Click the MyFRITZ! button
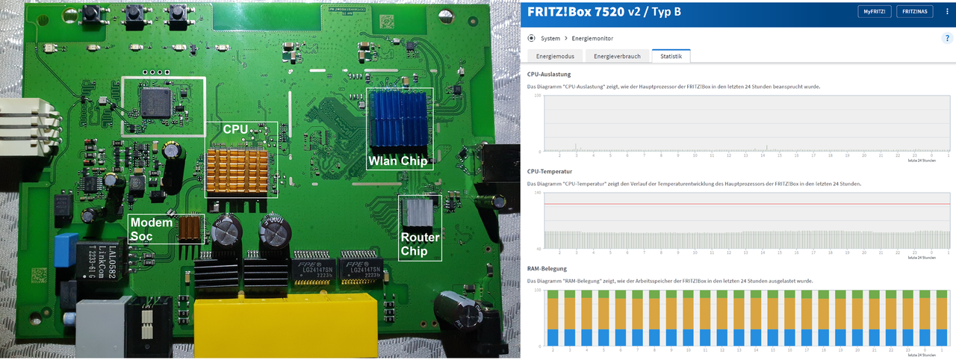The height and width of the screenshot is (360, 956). click(x=875, y=12)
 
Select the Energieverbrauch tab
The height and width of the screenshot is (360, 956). click(x=617, y=56)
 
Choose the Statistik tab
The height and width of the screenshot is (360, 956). click(x=671, y=56)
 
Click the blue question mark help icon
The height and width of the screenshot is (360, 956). click(x=946, y=38)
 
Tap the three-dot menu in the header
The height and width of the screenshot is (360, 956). click(x=946, y=12)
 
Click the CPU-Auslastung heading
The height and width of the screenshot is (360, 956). click(x=549, y=74)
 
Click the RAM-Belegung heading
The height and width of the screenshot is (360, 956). click(x=547, y=268)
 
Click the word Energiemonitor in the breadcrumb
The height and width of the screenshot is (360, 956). click(x=594, y=38)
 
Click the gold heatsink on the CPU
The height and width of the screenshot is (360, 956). click(x=237, y=170)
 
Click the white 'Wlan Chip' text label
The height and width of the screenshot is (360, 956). click(x=397, y=161)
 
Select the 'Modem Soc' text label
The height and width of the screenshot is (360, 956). click(x=151, y=228)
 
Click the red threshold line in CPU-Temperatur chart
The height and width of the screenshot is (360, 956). click(x=739, y=203)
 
